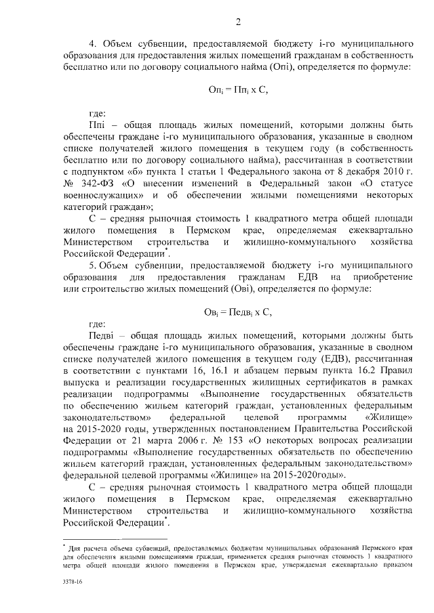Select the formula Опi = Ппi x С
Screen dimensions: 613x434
(239, 89)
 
